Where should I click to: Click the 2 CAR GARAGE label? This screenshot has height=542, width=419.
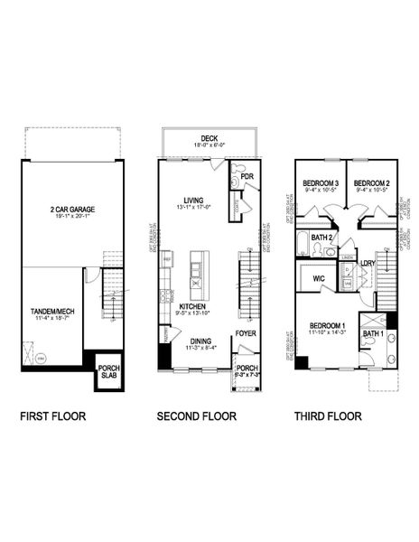click(73, 209)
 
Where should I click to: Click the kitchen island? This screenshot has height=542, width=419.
click(194, 272)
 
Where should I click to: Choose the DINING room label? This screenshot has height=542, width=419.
click(200, 341)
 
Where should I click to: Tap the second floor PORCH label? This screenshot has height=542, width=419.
click(246, 368)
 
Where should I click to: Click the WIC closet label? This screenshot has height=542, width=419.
click(317, 278)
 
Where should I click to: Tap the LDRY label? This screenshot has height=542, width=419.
click(368, 265)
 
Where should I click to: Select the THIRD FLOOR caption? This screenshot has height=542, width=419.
click(327, 417)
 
